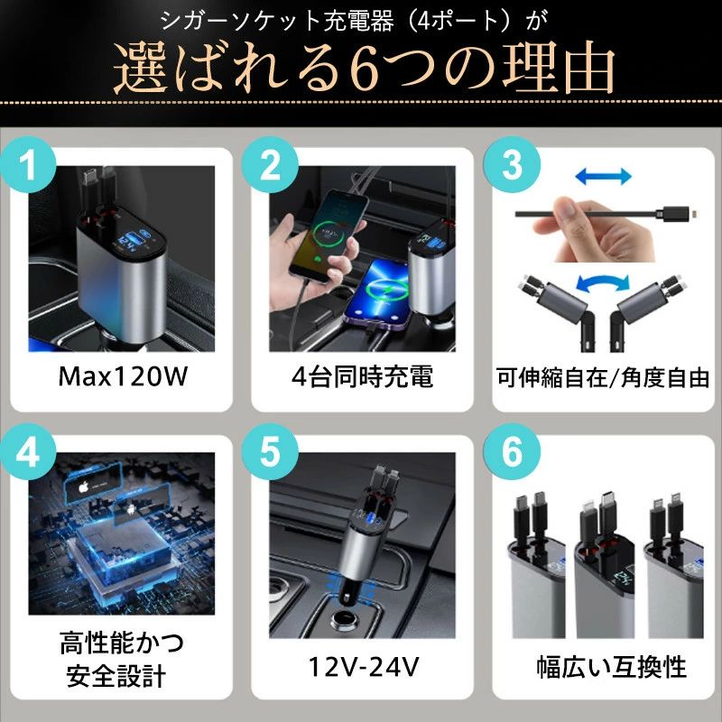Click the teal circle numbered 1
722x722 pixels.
(x=28, y=164)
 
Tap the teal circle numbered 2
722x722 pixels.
(x=270, y=164)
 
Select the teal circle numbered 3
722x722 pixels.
(x=512, y=164)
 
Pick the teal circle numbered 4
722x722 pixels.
(x=28, y=452)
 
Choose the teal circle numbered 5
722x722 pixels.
(x=270, y=452)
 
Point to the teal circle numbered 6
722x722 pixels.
(x=512, y=452)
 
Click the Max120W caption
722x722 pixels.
(x=123, y=376)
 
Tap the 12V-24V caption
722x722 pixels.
(x=364, y=666)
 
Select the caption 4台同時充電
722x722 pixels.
(x=363, y=376)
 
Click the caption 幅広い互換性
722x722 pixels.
(x=612, y=667)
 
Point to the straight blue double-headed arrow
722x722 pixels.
(x=603, y=176)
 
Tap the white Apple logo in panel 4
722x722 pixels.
(x=83, y=486)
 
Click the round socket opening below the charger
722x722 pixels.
(x=346, y=619)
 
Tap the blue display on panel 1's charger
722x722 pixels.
(x=130, y=241)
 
